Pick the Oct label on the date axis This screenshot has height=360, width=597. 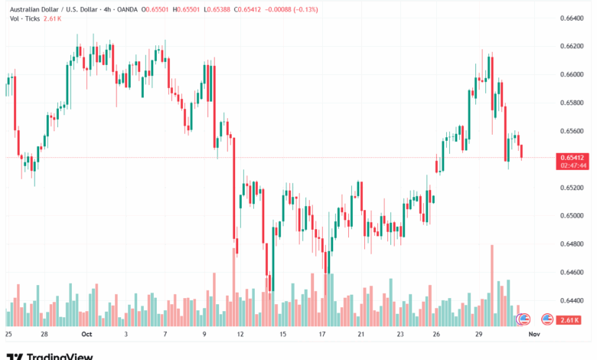click(86, 335)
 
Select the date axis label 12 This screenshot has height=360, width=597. click(240, 335)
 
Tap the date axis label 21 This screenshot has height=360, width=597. click(360, 335)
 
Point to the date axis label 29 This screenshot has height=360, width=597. click(478, 335)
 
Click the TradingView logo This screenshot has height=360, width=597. click(50, 355)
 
